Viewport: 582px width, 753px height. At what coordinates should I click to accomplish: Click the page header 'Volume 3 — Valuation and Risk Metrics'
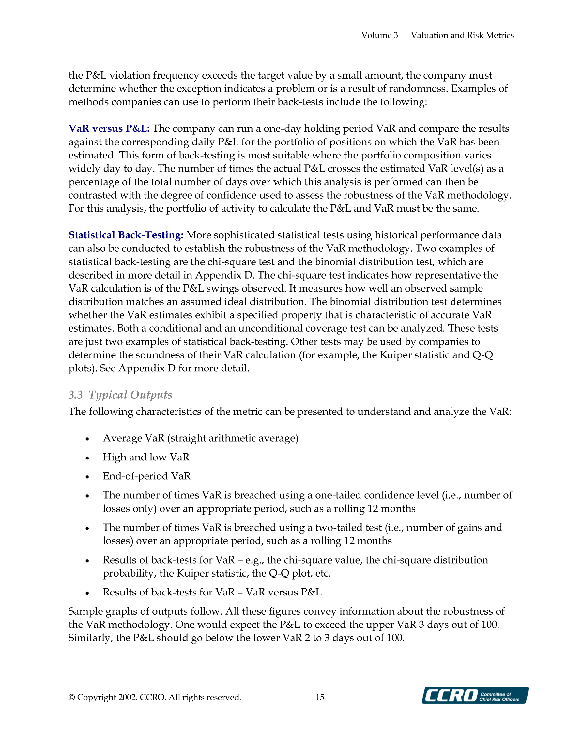coord(437,35)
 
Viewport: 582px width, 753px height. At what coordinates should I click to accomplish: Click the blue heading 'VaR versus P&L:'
coord(109,128)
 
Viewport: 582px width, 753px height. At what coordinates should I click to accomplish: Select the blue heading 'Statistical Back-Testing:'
coord(126,235)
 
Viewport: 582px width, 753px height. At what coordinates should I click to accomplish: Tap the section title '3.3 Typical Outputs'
coord(120,395)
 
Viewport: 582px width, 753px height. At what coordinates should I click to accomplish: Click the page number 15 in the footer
coord(320,697)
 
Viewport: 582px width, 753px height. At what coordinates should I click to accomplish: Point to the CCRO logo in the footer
coord(475,695)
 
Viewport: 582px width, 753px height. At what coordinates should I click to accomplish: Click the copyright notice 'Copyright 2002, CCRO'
coord(155,697)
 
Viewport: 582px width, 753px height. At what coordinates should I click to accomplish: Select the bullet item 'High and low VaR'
coord(146,457)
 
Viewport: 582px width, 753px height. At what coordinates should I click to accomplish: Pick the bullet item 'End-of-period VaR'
coord(146,476)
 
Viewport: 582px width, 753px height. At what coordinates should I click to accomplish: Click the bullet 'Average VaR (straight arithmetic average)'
coord(200,438)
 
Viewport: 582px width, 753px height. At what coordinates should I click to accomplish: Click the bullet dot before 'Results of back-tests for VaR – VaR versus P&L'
coord(87,593)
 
